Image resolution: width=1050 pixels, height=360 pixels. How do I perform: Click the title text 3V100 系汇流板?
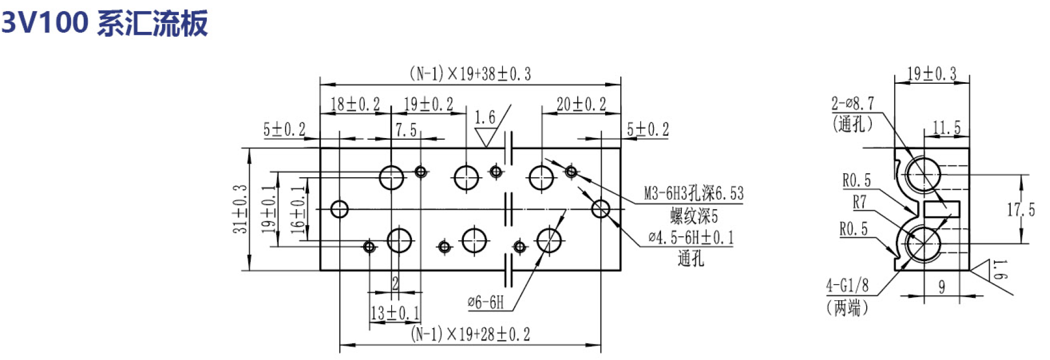(x=104, y=23)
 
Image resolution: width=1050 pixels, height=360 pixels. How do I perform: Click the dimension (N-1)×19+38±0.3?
(x=470, y=74)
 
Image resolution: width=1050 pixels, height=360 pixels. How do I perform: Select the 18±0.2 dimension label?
(x=355, y=104)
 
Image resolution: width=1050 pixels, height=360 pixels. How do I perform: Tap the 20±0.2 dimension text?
(x=581, y=104)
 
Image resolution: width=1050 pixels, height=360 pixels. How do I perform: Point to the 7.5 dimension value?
(x=406, y=130)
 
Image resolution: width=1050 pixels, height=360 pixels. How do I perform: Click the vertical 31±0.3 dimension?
(x=240, y=209)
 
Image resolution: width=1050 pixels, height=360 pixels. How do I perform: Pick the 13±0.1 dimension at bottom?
(x=395, y=313)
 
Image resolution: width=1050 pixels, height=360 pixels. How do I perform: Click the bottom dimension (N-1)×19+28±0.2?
(x=470, y=334)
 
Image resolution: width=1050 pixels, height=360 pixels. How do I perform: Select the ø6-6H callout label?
(x=486, y=302)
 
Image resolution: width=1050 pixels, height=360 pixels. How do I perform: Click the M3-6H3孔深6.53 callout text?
(x=693, y=194)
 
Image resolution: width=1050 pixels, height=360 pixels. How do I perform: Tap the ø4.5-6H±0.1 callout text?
(x=691, y=238)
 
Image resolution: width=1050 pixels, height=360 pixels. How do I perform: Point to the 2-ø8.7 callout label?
(x=852, y=103)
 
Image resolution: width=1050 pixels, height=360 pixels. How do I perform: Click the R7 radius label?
(x=859, y=202)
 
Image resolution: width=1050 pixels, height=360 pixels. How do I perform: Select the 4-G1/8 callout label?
(x=847, y=286)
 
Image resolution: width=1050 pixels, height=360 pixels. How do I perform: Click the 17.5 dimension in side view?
(x=1021, y=210)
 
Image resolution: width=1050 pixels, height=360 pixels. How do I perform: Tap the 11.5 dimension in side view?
(x=947, y=128)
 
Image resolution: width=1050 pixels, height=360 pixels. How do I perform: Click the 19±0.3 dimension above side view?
(x=932, y=74)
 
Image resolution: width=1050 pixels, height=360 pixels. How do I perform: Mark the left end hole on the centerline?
(x=339, y=209)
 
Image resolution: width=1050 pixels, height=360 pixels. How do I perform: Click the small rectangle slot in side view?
(x=942, y=209)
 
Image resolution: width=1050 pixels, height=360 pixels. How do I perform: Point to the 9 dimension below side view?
(x=942, y=287)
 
